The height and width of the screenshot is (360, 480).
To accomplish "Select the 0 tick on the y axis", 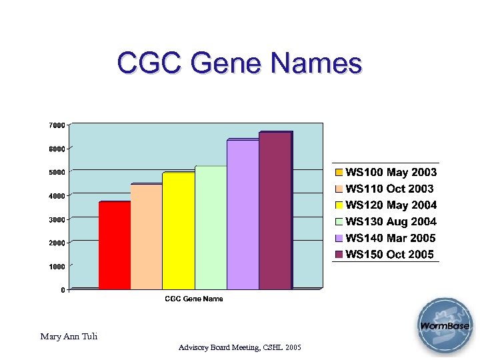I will (x=63, y=290).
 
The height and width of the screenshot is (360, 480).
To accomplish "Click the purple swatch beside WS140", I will (x=339, y=238).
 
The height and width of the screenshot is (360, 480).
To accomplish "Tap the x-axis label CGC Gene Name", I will (x=194, y=299).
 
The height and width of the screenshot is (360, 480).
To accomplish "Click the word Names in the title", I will (x=317, y=64).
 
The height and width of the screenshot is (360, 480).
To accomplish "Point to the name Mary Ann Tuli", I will (x=69, y=337).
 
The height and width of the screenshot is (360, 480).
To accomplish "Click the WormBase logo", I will (x=445, y=326).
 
